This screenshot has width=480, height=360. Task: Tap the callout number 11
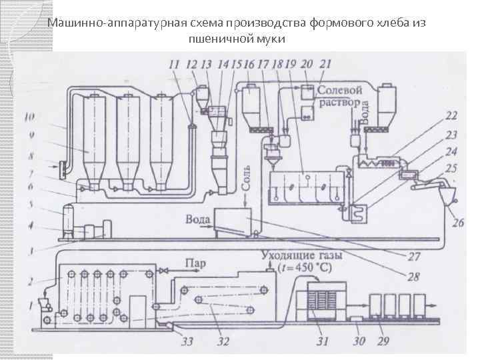[x=174, y=65]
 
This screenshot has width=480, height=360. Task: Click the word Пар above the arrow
[x=195, y=263]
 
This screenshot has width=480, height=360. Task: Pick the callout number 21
[x=325, y=64]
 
